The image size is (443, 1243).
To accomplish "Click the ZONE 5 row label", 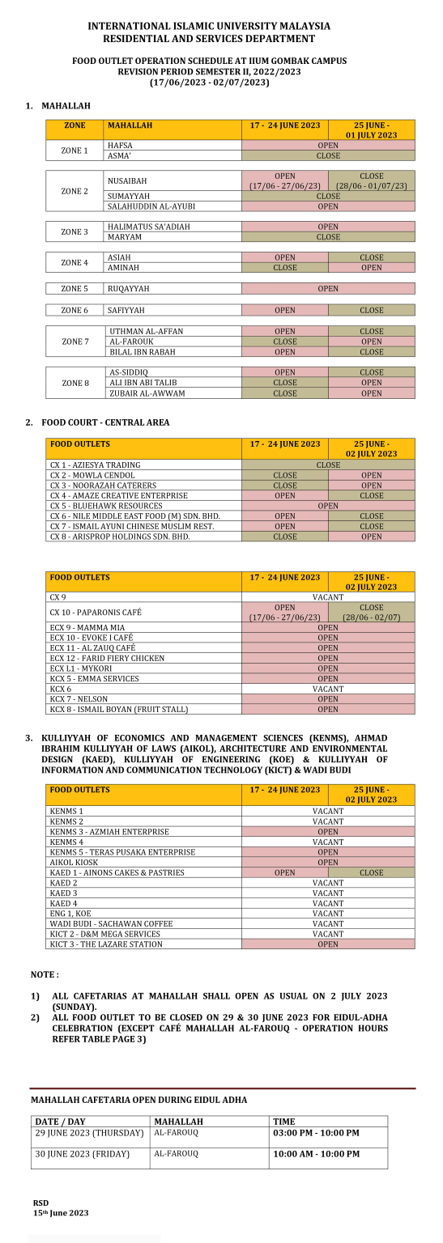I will click(75, 289).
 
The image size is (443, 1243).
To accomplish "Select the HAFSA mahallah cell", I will click(120, 146).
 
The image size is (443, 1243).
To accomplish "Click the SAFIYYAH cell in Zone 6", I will click(126, 310).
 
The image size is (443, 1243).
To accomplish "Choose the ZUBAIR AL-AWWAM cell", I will click(147, 393).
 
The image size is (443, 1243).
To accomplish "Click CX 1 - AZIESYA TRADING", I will click(95, 465).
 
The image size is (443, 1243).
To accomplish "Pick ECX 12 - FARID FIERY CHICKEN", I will click(107, 658).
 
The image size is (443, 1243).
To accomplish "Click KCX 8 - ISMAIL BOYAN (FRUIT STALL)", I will click(118, 709).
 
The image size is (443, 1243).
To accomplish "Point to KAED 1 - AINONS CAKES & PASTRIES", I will click(117, 872).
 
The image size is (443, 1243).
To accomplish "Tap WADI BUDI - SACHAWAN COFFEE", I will click(111, 923).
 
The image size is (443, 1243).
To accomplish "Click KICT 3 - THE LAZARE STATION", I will click(105, 944).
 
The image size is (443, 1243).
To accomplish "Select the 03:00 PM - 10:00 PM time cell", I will click(316, 1133).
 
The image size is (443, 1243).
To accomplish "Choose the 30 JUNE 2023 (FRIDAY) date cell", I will click(82, 1154).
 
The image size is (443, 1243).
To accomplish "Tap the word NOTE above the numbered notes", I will click(45, 974).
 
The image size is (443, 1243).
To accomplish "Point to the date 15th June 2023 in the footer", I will click(61, 1213).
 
